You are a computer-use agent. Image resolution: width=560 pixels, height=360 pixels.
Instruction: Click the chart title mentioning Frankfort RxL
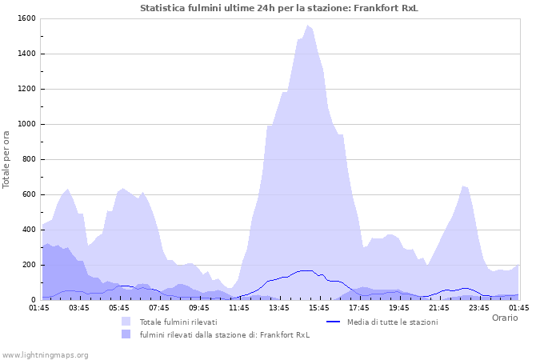pos(279,8)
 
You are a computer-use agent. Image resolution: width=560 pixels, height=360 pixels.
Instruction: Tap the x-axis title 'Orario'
pos(504,318)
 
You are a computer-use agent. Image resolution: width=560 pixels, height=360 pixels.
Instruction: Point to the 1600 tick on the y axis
pos(26,18)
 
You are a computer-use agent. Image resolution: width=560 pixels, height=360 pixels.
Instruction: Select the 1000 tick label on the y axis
pos(26,124)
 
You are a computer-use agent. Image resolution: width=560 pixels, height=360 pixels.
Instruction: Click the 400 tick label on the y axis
pos(28,230)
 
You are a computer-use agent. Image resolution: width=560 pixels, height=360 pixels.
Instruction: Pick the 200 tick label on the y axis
pos(28,265)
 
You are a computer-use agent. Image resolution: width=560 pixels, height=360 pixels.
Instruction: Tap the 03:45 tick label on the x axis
pos(79,307)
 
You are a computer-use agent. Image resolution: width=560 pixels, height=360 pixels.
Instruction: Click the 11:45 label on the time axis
pos(239,307)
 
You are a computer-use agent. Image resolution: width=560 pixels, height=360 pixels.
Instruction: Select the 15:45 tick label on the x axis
pos(319,307)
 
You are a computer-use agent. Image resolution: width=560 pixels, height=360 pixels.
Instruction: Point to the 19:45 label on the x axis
pos(399,307)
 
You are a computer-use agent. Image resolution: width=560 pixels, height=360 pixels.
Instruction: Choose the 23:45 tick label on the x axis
pos(479,307)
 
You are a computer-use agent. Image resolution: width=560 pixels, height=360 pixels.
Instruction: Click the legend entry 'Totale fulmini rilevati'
pos(178,322)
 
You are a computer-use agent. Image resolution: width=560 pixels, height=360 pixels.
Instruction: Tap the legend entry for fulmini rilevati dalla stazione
pos(224,334)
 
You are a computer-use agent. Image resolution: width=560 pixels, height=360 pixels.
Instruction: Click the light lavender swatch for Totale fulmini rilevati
pos(126,322)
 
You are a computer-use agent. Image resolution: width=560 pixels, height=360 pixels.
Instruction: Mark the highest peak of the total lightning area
pos(308,26)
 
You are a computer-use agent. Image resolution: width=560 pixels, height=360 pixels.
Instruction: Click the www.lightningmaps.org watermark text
pos(45,354)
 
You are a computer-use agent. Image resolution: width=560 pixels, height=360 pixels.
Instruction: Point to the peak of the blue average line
pos(306,270)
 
